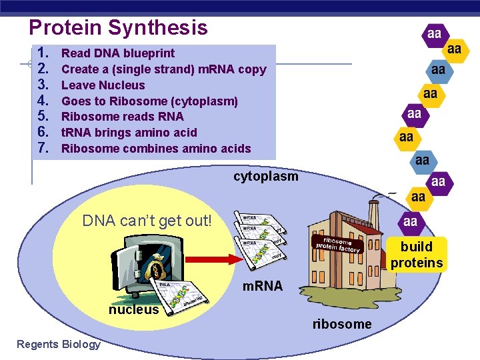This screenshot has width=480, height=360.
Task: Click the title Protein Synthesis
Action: (118, 27)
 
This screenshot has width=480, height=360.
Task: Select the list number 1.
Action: (45, 53)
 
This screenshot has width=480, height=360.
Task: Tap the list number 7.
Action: (45, 148)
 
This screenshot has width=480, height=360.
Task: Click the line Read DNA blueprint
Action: (118, 53)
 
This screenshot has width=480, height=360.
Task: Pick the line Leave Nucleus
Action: (103, 85)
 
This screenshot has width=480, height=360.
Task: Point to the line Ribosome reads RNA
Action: (122, 117)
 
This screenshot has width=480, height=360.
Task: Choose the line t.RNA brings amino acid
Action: (129, 133)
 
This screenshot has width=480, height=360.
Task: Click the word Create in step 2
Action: (80, 69)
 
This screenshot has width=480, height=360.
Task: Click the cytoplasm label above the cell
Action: (265, 177)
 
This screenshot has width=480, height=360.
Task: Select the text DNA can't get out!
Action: (147, 221)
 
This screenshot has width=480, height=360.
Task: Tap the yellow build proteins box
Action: (416, 255)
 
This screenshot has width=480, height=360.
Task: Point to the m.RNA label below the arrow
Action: (262, 286)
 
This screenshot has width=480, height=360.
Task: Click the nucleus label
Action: (134, 309)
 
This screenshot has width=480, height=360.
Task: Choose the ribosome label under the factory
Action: (342, 324)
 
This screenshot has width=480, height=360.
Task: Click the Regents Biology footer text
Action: (59, 344)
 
